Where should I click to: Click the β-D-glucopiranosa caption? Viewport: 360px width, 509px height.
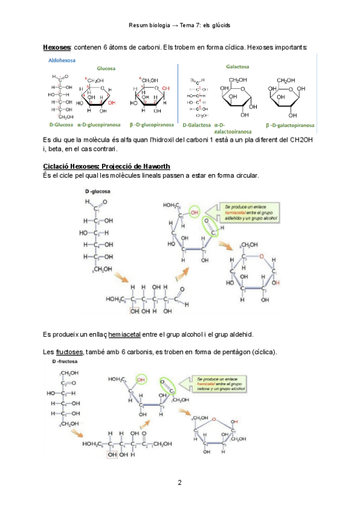147,125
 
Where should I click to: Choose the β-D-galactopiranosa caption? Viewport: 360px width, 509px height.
289,127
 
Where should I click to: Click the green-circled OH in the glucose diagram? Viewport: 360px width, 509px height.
193,211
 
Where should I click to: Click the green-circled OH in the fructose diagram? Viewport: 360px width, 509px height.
142,379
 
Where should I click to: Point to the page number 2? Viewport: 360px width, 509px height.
179,482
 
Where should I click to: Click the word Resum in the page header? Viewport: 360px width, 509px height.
139,26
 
